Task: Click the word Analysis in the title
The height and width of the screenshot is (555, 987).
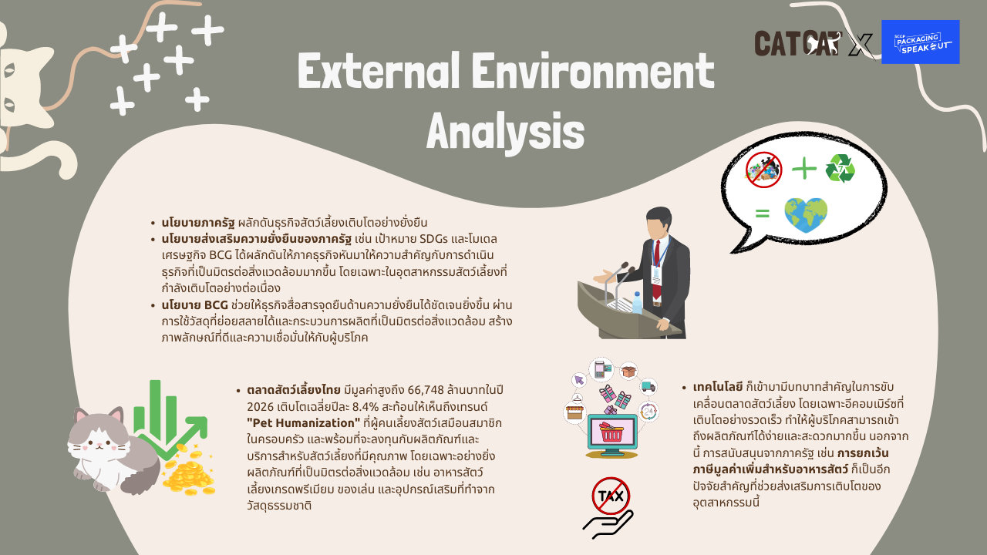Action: click(x=505, y=132)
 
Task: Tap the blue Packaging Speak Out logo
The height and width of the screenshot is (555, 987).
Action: click(x=920, y=42)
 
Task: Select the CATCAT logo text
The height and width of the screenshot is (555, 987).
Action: click(x=797, y=43)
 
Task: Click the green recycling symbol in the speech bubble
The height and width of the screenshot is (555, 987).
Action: click(x=840, y=168)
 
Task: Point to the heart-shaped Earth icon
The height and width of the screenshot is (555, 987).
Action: click(x=806, y=215)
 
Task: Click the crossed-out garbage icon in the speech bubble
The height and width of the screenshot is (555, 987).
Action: click(x=763, y=170)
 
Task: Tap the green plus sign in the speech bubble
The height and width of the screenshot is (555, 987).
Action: click(x=804, y=168)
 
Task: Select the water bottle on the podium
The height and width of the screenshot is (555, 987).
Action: click(x=637, y=303)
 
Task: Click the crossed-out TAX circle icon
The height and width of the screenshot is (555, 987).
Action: click(x=611, y=496)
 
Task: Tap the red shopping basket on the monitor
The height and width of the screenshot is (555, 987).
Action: click(x=611, y=432)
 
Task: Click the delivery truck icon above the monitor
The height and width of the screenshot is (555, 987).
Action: click(x=648, y=387)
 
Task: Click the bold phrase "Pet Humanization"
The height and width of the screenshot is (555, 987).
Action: click(x=304, y=423)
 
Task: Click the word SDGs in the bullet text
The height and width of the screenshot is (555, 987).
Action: click(x=433, y=239)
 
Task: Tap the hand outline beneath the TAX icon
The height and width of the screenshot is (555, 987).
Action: click(x=608, y=524)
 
